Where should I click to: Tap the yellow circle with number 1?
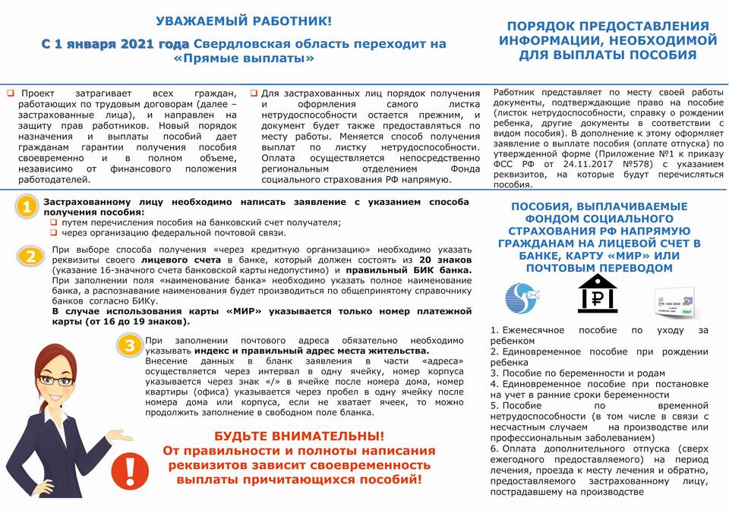[27, 207]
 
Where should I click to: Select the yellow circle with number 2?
[30, 256]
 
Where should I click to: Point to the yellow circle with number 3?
[131, 346]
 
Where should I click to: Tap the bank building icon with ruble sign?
[597, 294]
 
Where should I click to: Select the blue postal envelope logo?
[523, 297]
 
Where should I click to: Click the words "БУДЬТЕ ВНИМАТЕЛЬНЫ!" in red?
[299, 436]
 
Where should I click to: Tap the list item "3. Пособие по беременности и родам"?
[577, 373]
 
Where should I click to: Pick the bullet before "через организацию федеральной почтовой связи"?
[55, 232]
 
